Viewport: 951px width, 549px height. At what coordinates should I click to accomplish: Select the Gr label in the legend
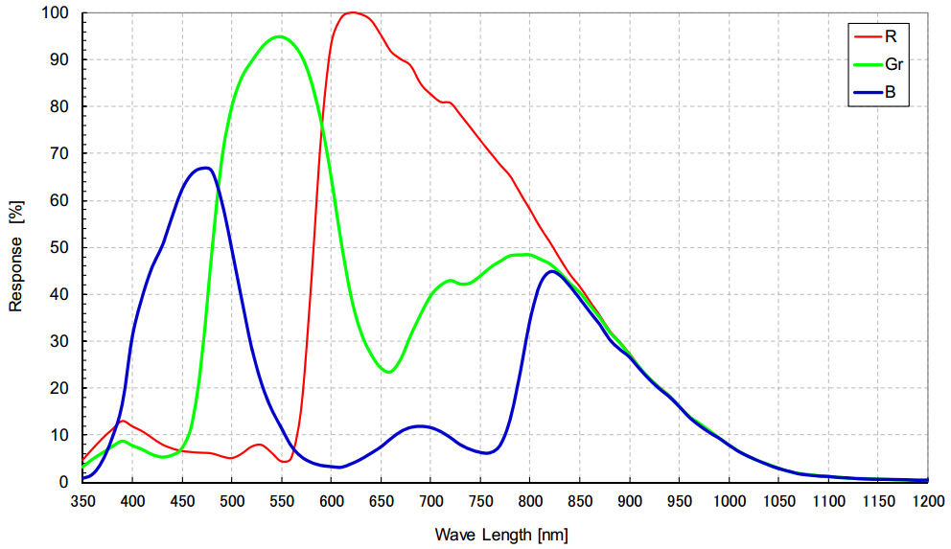pos(894,65)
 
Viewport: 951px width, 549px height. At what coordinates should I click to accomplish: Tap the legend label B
pos(891,95)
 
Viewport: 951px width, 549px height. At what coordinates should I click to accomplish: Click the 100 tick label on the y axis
pos(59,13)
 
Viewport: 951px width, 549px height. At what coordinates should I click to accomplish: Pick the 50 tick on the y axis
pos(63,247)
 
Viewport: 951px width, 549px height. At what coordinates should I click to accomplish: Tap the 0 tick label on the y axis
pos(68,482)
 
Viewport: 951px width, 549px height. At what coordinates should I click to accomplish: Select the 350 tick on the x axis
pos(83,500)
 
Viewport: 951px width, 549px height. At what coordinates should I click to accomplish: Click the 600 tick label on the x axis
pos(332,500)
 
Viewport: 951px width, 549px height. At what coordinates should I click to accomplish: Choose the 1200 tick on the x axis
pos(927,500)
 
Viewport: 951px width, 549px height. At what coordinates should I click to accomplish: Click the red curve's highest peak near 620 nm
pos(352,12)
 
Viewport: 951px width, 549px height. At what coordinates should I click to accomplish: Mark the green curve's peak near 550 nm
pos(280,36)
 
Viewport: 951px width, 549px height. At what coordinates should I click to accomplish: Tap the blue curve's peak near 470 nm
pos(204,168)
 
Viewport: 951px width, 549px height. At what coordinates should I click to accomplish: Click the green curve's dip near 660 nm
pos(389,371)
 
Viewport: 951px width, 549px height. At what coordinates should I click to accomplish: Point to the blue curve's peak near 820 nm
pos(551,271)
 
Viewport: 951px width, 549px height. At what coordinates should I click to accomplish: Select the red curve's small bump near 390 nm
pos(123,421)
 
